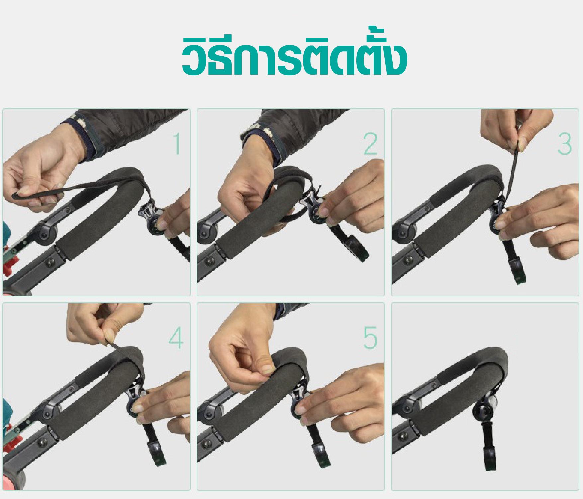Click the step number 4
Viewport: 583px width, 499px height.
click(176, 338)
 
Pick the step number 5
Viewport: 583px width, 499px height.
click(370, 338)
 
